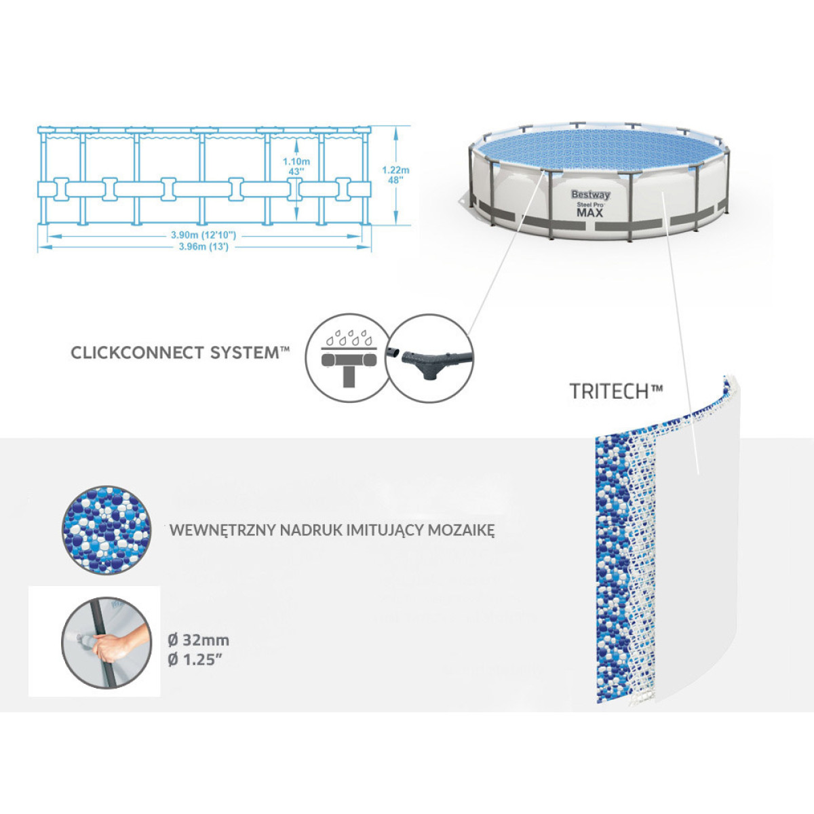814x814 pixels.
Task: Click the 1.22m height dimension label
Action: pyautogui.click(x=395, y=170)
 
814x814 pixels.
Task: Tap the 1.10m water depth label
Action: pyautogui.click(x=296, y=162)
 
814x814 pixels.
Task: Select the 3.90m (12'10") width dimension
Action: pyautogui.click(x=203, y=235)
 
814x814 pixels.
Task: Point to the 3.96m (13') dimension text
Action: pyautogui.click(x=203, y=247)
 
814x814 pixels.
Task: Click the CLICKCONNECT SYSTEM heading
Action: pyautogui.click(x=180, y=353)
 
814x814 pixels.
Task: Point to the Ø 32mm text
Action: pyautogui.click(x=199, y=640)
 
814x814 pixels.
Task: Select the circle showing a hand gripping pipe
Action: pyautogui.click(x=106, y=641)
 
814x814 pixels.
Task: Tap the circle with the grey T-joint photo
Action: pyautogui.click(x=430, y=357)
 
